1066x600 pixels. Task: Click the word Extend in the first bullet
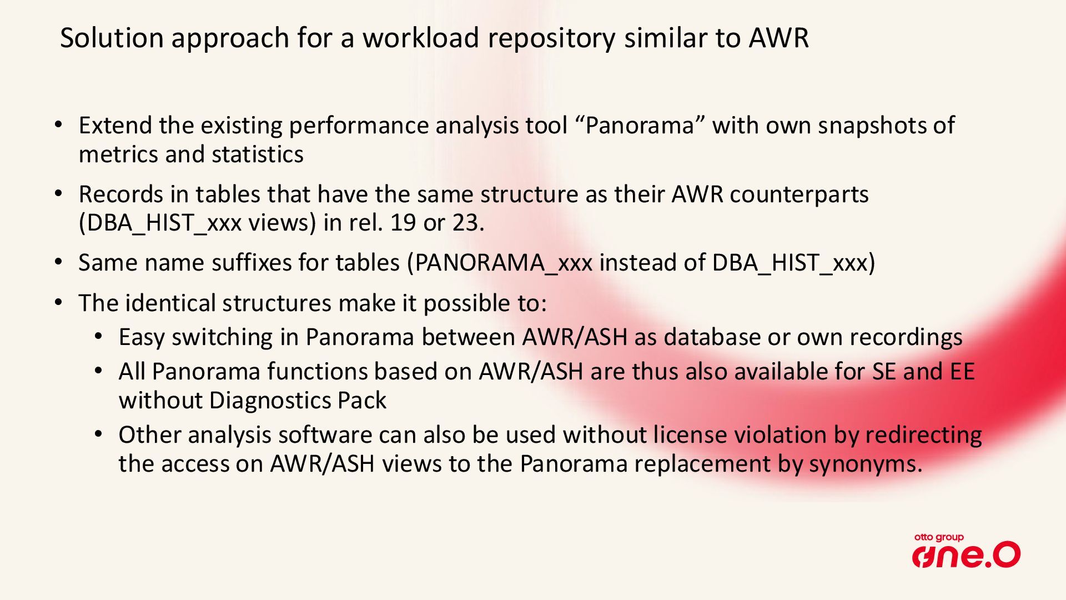(x=115, y=125)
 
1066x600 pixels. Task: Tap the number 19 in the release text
(x=403, y=223)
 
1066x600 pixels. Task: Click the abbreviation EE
(x=962, y=372)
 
